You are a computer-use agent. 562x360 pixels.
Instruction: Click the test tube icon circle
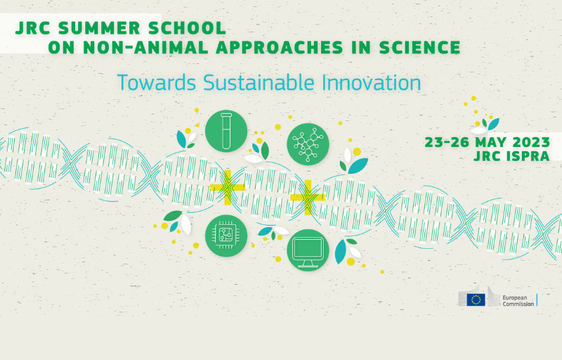click(x=226, y=131)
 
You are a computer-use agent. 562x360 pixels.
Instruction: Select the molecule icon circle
click(x=308, y=144)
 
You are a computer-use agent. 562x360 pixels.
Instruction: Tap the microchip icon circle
click(x=226, y=236)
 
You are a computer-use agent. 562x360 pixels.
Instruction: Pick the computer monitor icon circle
click(x=308, y=250)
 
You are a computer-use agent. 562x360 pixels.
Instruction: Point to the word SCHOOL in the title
click(x=187, y=28)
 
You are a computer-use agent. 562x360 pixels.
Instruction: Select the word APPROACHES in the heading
click(x=280, y=47)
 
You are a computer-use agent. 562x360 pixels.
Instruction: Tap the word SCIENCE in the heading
click(x=419, y=47)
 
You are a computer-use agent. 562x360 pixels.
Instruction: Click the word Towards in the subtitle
click(x=156, y=82)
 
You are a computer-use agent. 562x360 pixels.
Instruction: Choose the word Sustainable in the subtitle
click(x=259, y=82)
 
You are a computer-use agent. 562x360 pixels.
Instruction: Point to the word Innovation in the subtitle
click(x=372, y=82)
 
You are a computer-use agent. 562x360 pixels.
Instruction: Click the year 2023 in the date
click(x=531, y=142)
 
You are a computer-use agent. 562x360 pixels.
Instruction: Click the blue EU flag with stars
click(x=476, y=300)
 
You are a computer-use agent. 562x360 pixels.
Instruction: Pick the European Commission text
click(x=518, y=300)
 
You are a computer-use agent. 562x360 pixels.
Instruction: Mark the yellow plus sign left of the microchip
click(x=227, y=188)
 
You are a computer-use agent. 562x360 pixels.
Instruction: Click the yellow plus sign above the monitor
click(x=308, y=197)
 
